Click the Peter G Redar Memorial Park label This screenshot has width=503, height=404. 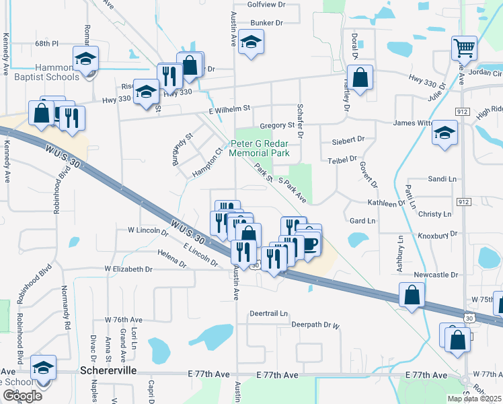pyautogui.click(x=259, y=148)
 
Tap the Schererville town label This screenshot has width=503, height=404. pyautogui.click(x=109, y=371)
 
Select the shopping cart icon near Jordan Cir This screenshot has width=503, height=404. pyautogui.click(x=464, y=48)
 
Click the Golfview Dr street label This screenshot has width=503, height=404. pyautogui.click(x=267, y=4)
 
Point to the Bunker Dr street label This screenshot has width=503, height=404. pyautogui.click(x=266, y=22)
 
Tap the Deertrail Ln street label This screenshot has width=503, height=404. pyautogui.click(x=268, y=314)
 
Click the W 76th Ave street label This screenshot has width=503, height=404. pyautogui.click(x=123, y=319)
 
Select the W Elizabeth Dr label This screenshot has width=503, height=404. pyautogui.click(x=128, y=269)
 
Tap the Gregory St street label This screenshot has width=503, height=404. pyautogui.click(x=277, y=125)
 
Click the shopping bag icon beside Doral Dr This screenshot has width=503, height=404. pyautogui.click(x=360, y=78)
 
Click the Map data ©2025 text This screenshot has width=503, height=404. pyautogui.click(x=474, y=399)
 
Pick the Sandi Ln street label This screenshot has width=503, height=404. pyautogui.click(x=442, y=179)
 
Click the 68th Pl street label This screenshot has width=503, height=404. pyautogui.click(x=47, y=43)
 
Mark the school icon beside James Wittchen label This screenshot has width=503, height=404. pyautogui.click(x=444, y=133)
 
